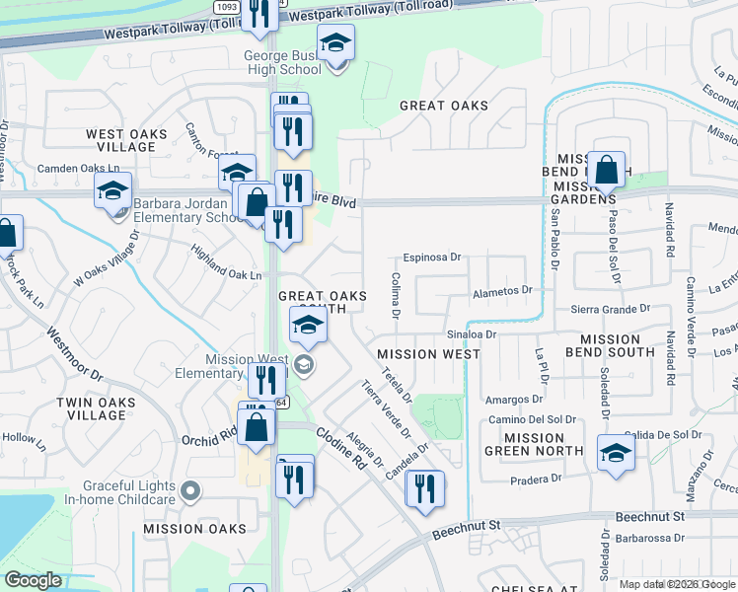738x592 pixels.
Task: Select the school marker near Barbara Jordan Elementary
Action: coord(113,189)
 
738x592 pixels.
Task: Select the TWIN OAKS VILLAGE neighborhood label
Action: coord(92,408)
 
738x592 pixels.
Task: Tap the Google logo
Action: coord(34,580)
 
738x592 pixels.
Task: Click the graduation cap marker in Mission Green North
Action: coord(616,453)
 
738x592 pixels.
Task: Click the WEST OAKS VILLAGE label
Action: coord(119,140)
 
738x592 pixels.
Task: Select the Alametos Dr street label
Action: coord(502,291)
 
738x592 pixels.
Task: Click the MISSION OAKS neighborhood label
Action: coord(194,529)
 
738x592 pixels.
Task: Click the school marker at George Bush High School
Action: coord(335,43)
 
